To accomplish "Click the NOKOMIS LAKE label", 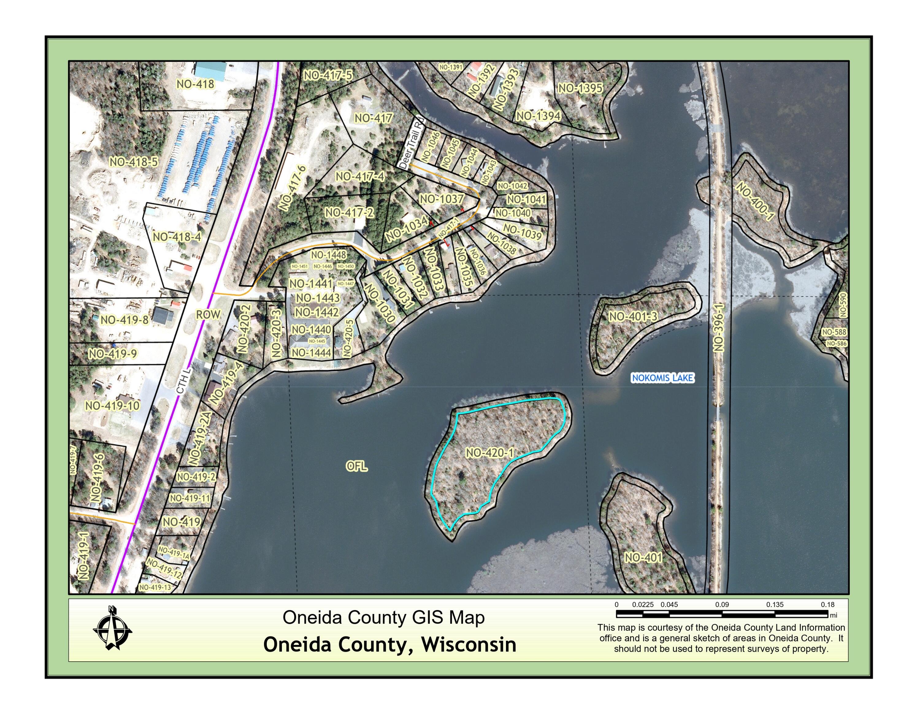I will [662, 378].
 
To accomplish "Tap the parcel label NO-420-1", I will [489, 453].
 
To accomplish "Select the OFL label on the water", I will [356, 466].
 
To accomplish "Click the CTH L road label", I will [184, 382].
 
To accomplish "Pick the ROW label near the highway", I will [208, 314].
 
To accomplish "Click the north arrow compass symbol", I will [112, 628].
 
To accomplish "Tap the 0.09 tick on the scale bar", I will [722, 605].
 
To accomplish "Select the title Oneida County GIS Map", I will [383, 617].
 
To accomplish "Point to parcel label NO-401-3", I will [633, 316].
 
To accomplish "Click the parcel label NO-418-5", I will [133, 162].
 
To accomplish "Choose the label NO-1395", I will [581, 88].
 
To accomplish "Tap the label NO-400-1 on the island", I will [755, 201].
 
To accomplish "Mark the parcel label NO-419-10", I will [112, 405].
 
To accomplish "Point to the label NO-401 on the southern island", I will [643, 558].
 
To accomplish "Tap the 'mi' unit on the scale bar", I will [833, 615].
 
